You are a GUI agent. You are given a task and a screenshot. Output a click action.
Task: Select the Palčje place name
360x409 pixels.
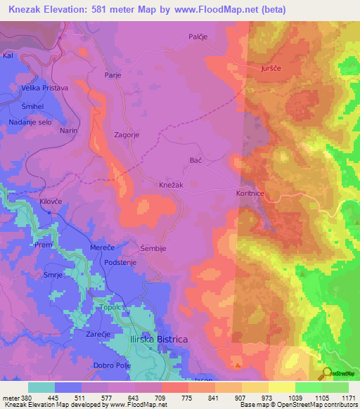pyautogui.click(x=200, y=37)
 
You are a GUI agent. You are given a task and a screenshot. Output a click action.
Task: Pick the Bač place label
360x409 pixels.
pyautogui.click(x=196, y=161)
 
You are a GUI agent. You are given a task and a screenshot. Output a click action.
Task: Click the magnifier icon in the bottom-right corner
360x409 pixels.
pyautogui.click(x=327, y=373)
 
